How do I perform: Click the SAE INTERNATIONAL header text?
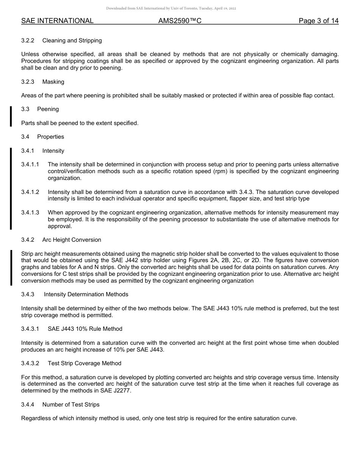[57, 21]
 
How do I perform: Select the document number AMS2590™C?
[180, 21]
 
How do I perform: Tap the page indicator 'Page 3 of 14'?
[318, 21]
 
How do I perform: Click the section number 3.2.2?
[28, 41]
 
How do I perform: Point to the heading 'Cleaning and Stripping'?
[72, 41]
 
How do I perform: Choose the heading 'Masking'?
[53, 82]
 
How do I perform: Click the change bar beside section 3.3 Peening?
[11, 116]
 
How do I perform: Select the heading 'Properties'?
[50, 137]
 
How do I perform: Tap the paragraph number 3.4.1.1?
[30, 164]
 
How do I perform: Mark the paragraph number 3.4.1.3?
[30, 213]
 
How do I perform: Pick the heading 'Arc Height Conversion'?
[72, 240]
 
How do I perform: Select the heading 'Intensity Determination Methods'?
[86, 294]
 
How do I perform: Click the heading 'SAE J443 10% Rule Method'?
[85, 329]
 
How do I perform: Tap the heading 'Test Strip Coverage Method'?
[85, 363]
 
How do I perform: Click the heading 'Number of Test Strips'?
[71, 405]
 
